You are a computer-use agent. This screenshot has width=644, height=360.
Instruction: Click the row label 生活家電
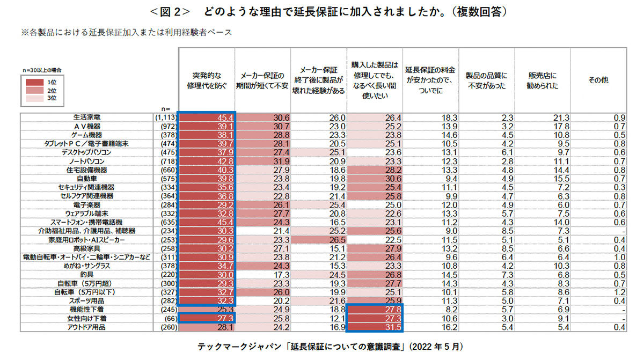point(87,117)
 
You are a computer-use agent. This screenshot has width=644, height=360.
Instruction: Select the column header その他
point(598,80)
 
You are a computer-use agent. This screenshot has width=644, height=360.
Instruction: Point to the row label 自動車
point(87,179)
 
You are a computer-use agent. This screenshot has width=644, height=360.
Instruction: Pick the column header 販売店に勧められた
point(542,80)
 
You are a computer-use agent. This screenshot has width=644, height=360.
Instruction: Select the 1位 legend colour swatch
point(34,83)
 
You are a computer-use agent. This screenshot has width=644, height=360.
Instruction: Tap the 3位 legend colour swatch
point(34,99)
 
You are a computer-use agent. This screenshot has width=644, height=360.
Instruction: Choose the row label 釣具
point(87,275)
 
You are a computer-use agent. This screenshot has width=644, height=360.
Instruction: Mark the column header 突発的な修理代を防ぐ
point(207,80)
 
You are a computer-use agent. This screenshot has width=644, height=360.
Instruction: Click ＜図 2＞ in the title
point(170,12)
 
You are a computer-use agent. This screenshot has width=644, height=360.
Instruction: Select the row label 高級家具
point(87,248)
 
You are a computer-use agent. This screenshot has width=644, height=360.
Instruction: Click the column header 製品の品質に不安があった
point(486,80)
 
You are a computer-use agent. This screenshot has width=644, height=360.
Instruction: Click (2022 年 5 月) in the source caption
point(436,347)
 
